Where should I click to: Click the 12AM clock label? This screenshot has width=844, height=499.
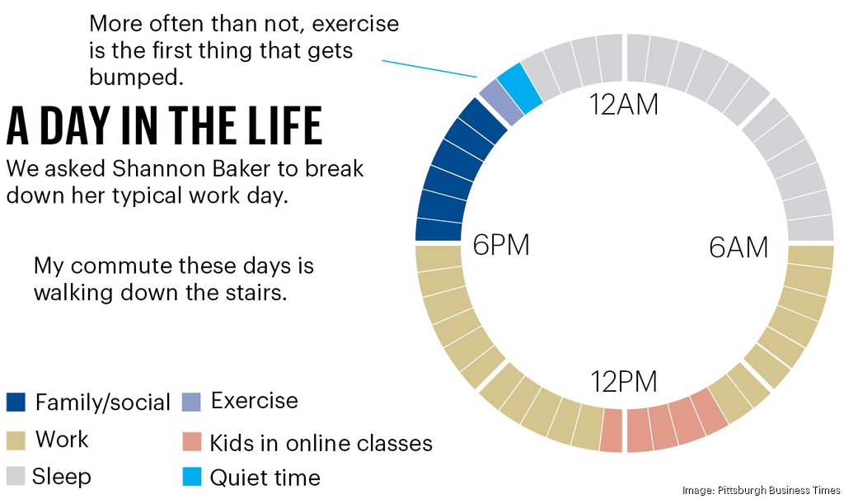click(624, 105)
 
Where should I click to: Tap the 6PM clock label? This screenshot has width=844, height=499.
click(500, 246)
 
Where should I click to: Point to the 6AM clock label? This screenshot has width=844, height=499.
click(738, 247)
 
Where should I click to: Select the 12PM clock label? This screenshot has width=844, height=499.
click(624, 383)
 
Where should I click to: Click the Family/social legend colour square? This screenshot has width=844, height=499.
click(16, 402)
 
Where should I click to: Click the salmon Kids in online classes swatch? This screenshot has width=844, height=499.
click(190, 443)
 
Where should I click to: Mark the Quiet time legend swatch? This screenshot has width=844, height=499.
click(190, 478)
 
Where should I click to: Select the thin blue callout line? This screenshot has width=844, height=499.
click(429, 67)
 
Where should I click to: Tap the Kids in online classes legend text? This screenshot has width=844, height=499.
click(321, 443)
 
